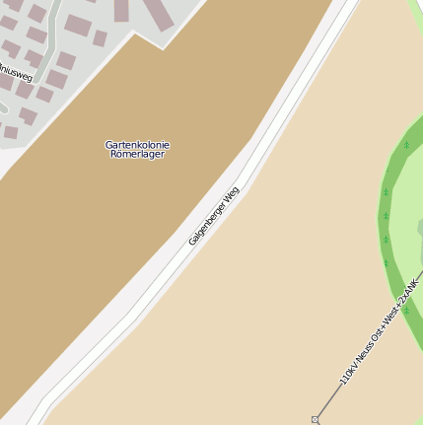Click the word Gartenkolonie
137,145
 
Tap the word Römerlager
137,155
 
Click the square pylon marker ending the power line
316,419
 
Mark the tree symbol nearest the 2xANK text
405,310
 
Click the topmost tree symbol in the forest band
406,146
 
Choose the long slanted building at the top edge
121,10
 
